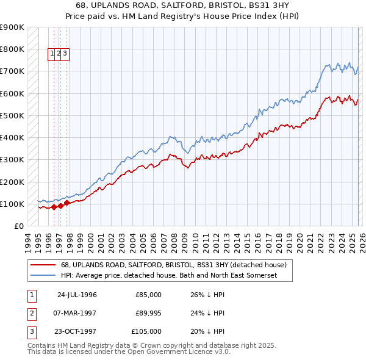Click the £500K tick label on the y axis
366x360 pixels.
pos(12,115)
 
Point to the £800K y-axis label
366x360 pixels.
pos(12,49)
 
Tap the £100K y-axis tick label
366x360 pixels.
pos(12,204)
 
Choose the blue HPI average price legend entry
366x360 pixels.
pos(169,276)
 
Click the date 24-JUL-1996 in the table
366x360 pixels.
pos(77,295)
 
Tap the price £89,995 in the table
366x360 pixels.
pos(148,313)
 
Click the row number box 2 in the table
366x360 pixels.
pos(30,313)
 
